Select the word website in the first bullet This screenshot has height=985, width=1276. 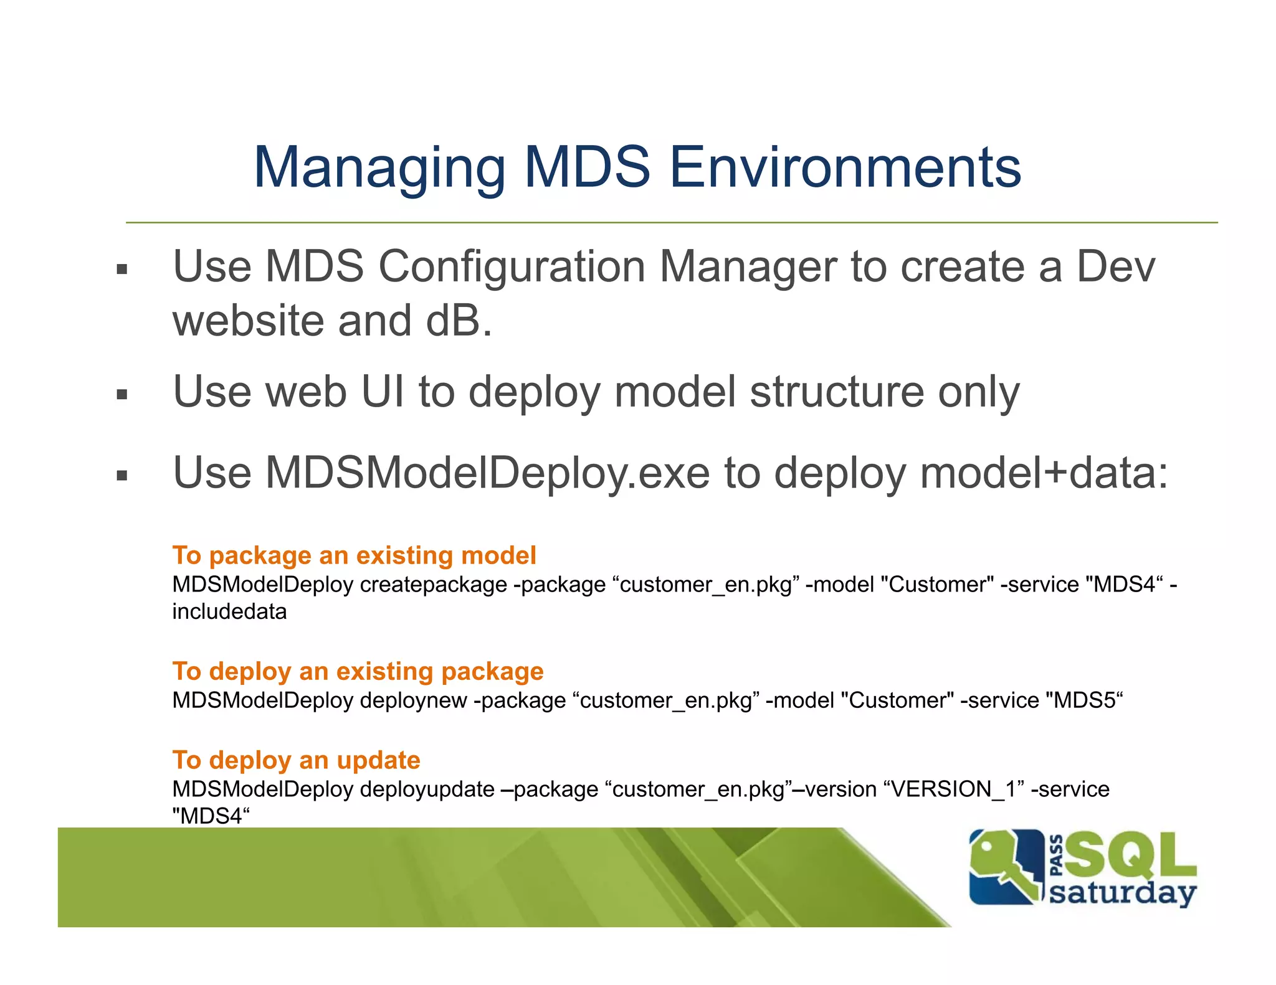249,321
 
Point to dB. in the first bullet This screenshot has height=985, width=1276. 459,321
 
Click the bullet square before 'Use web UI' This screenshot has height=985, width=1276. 122,395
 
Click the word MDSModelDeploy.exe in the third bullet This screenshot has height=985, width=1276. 487,473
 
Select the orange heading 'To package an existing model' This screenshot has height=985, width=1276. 354,555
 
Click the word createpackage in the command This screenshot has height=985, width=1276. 434,585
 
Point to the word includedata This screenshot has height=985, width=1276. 229,612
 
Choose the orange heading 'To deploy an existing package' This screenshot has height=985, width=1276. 358,671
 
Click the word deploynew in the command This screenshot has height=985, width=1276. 413,701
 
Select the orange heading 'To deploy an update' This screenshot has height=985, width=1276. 296,760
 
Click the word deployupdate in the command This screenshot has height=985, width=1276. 427,789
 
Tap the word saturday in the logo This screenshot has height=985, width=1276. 1123,893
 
